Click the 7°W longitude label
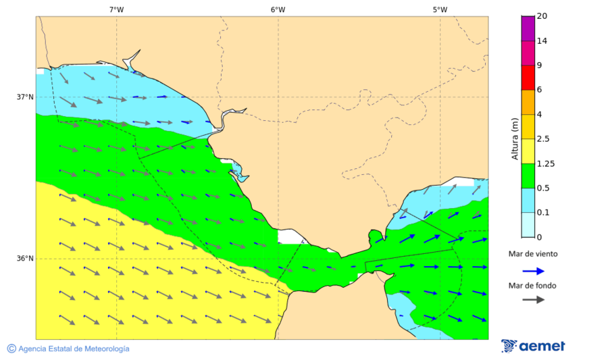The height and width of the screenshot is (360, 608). pyautogui.click(x=116, y=9)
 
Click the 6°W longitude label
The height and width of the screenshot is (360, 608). pyautogui.click(x=278, y=9)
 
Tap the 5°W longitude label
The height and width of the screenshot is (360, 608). pyautogui.click(x=440, y=9)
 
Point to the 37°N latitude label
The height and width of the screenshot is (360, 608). pyautogui.click(x=25, y=97)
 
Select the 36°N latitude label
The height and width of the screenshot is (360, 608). pyautogui.click(x=25, y=258)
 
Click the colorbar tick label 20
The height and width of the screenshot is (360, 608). pyautogui.click(x=541, y=16)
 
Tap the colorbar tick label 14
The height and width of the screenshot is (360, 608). pyautogui.click(x=541, y=41)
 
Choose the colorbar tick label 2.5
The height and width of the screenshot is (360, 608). pyautogui.click(x=542, y=139)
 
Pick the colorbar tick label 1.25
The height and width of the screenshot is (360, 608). pyautogui.click(x=544, y=163)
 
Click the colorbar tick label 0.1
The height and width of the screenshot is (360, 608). pyautogui.click(x=542, y=213)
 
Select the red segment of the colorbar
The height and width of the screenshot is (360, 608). pyautogui.click(x=528, y=78)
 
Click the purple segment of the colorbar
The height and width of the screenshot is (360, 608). pyautogui.click(x=528, y=28)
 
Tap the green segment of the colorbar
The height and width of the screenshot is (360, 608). pyautogui.click(x=528, y=176)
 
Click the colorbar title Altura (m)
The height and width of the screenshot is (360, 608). pyautogui.click(x=515, y=139)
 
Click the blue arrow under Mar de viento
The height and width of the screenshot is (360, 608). pyautogui.click(x=534, y=271)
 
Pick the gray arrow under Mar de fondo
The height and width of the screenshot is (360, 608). pyautogui.click(x=534, y=299)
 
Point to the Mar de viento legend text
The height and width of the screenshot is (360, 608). pyautogui.click(x=533, y=254)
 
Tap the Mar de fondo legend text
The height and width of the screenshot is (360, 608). pyautogui.click(x=533, y=286)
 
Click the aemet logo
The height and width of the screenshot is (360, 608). pyautogui.click(x=534, y=346)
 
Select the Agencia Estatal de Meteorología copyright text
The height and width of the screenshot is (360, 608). pyautogui.click(x=68, y=349)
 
